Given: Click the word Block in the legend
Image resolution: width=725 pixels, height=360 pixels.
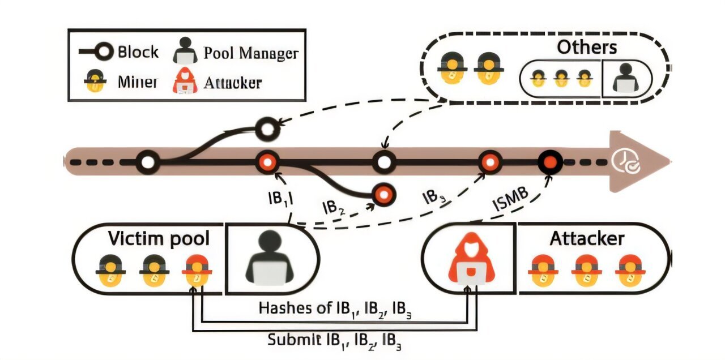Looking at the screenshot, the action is [x=138, y=52].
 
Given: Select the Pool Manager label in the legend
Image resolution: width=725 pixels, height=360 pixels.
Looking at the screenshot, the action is [x=251, y=53].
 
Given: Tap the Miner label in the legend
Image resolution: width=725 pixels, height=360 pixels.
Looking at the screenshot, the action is [x=138, y=82].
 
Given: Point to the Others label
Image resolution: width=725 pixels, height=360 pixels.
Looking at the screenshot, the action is [x=587, y=47].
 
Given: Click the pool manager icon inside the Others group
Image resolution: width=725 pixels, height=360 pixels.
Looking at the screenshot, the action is [x=626, y=78].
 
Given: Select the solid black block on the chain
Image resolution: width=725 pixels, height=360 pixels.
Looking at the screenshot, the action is [x=550, y=162].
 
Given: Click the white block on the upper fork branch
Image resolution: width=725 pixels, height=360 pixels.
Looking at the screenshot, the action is [x=267, y=130].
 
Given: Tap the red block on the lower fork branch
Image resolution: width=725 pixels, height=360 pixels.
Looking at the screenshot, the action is [x=384, y=195].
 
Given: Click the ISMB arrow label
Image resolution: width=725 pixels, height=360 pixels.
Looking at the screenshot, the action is [x=510, y=199].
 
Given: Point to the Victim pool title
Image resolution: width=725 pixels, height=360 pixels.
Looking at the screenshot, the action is [x=159, y=238].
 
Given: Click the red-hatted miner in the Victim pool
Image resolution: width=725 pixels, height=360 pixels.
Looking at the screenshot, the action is [x=197, y=271].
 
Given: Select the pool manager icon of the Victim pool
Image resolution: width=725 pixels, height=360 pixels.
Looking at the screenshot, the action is [x=270, y=258].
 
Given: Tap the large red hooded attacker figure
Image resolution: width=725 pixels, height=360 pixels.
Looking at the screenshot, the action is [x=472, y=259].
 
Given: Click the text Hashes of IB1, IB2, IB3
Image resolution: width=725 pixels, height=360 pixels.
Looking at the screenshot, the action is [x=335, y=310].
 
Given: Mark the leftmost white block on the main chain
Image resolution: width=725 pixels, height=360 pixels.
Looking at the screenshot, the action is [x=148, y=162].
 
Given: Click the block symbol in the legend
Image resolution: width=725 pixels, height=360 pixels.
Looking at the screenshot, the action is [x=96, y=52].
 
